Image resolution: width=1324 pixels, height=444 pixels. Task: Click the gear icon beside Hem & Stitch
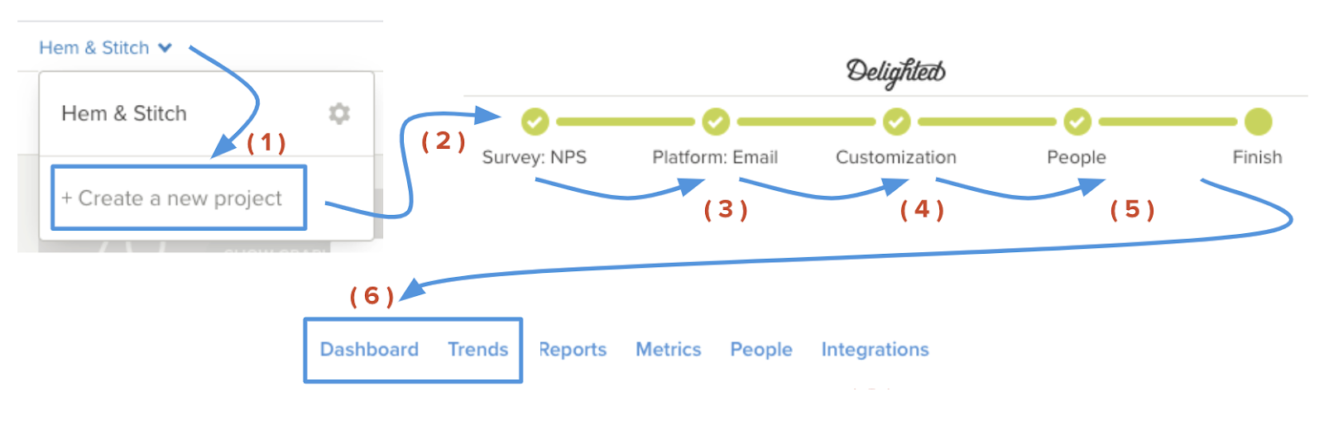[x=338, y=113]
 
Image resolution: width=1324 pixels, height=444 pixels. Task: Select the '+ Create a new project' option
[x=179, y=198]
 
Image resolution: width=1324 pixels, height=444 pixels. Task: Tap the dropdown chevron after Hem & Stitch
[x=165, y=48]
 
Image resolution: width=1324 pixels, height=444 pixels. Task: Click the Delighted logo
[x=895, y=72]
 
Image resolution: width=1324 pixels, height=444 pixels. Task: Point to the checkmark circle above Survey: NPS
[x=535, y=122]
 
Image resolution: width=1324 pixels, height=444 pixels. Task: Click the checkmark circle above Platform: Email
[x=716, y=122]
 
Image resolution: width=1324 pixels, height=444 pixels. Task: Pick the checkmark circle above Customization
[x=896, y=122]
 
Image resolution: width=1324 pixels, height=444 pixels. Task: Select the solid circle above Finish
[x=1258, y=122]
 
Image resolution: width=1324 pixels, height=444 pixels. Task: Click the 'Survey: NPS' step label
[x=535, y=157]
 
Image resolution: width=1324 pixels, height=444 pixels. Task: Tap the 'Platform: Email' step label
[x=715, y=157]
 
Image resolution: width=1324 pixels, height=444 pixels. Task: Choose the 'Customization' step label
[x=896, y=157]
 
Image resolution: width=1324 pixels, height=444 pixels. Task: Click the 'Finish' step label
[x=1257, y=157]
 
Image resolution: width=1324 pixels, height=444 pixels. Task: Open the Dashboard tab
[x=369, y=350]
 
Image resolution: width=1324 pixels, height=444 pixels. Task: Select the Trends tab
[x=478, y=350]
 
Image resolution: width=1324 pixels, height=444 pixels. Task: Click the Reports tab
[x=573, y=350]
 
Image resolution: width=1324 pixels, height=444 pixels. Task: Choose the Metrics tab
[x=668, y=350]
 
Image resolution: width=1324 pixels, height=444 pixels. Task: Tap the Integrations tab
[x=875, y=350]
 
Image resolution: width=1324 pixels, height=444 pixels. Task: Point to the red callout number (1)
[x=266, y=143]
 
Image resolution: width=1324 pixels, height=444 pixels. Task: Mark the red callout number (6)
[x=372, y=296]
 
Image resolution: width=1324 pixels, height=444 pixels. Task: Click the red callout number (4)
[x=922, y=210]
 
